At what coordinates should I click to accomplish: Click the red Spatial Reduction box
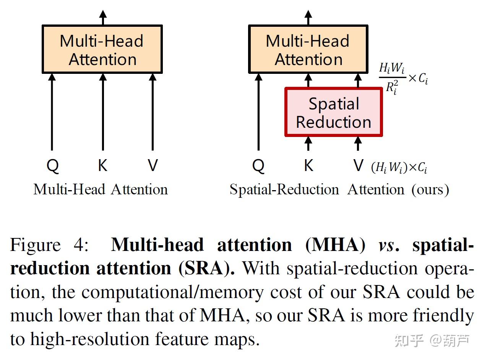(333, 112)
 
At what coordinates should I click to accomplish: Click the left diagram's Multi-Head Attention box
(102, 49)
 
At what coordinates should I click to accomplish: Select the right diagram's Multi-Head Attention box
(308, 49)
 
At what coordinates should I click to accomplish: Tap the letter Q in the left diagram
(52, 166)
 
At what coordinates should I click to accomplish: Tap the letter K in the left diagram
(102, 166)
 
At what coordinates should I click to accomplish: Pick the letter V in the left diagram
(153, 166)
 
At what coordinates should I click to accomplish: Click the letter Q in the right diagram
(258, 166)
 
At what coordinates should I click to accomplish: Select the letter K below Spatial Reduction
(308, 166)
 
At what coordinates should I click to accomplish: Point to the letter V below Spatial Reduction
(358, 166)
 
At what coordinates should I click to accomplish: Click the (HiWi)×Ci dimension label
(399, 168)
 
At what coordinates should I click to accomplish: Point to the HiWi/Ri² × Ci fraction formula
(403, 78)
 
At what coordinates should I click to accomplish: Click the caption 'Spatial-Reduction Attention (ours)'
(339, 189)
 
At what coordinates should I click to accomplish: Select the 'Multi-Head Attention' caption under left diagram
(101, 189)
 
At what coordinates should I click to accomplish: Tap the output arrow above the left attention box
(102, 18)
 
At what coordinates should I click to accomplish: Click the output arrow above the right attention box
(308, 18)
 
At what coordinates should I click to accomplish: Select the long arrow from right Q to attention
(258, 111)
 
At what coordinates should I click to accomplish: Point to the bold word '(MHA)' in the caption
(335, 245)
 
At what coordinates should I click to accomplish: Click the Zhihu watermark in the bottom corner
(432, 340)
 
